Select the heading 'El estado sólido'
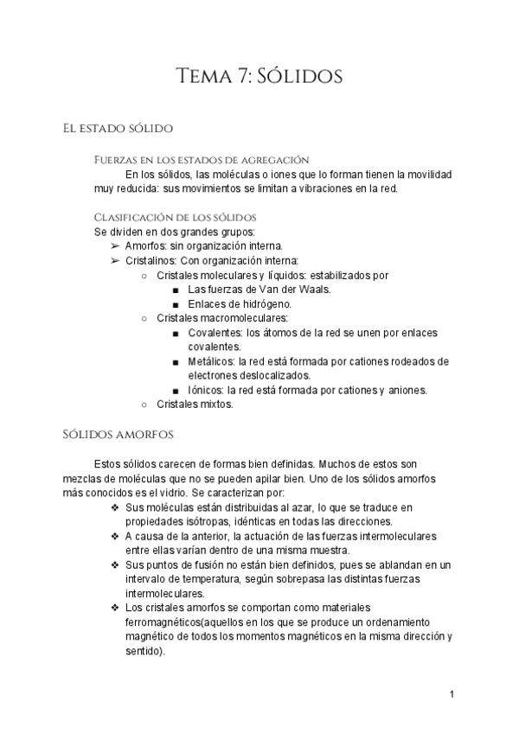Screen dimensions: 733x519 click(x=119, y=129)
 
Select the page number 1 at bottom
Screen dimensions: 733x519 click(x=452, y=694)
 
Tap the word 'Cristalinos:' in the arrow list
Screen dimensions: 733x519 click(x=151, y=260)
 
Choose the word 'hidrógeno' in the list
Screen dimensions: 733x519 click(x=264, y=304)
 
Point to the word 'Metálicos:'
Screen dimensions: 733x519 click(x=212, y=361)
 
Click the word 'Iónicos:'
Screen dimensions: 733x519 click(x=208, y=390)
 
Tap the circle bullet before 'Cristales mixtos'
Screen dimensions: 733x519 click(x=144, y=404)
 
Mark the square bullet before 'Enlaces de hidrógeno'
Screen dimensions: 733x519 click(x=176, y=304)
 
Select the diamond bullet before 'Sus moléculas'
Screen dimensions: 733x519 click(x=115, y=506)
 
